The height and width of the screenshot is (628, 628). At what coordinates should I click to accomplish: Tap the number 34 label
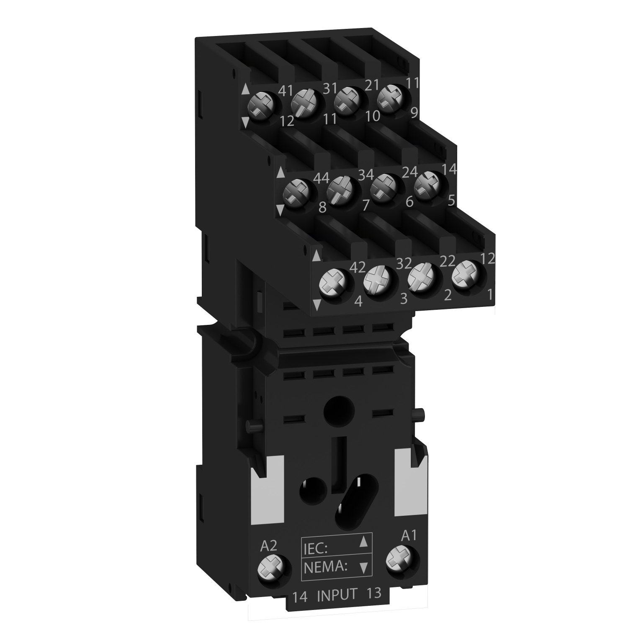(365, 173)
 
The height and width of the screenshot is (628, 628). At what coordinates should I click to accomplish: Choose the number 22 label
(448, 261)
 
